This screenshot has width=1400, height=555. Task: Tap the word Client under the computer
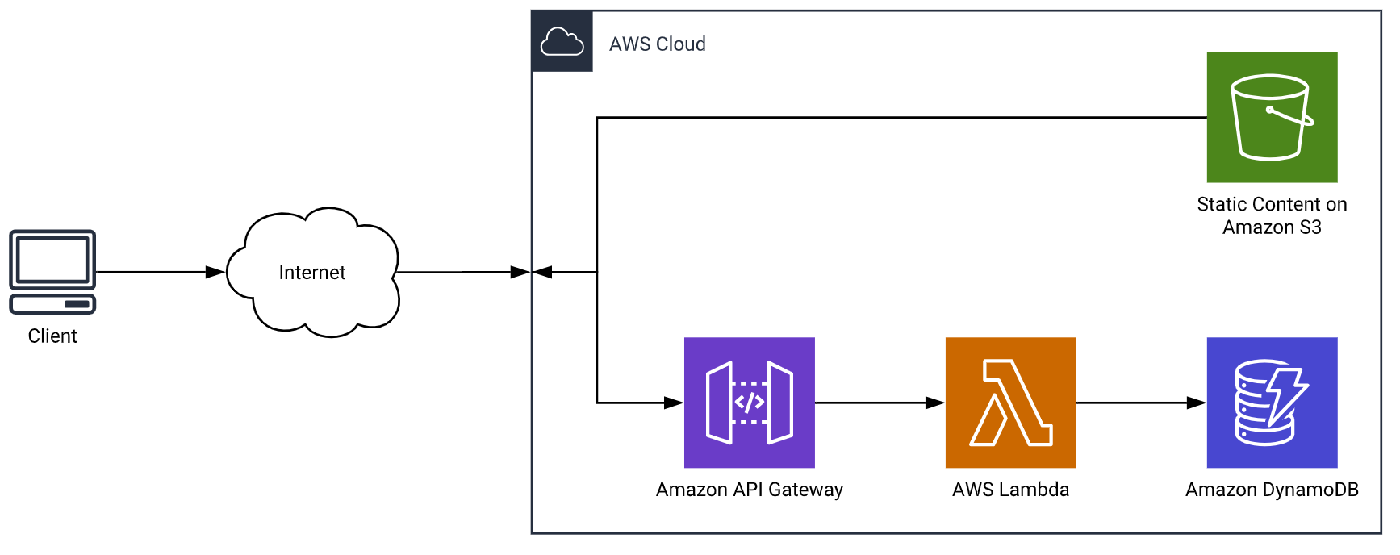click(52, 336)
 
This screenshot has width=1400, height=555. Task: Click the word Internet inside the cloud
click(311, 273)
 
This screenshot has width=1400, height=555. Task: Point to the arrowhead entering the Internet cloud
click(215, 273)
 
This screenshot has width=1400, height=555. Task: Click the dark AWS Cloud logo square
click(562, 41)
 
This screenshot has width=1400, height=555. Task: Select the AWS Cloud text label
click(657, 44)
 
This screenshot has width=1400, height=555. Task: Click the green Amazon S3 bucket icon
click(1272, 117)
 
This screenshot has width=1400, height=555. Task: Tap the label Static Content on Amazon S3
click(1272, 215)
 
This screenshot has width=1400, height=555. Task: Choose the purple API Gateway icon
click(749, 403)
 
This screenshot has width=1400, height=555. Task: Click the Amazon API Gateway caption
click(749, 490)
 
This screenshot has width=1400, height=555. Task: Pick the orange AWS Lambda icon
click(1010, 403)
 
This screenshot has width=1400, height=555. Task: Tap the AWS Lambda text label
click(1010, 490)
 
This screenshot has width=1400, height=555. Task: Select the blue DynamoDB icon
click(1272, 403)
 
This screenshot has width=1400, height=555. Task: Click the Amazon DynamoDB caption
click(1272, 490)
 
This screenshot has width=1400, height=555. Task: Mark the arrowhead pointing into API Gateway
click(674, 403)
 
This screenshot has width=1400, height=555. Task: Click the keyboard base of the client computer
click(52, 304)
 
